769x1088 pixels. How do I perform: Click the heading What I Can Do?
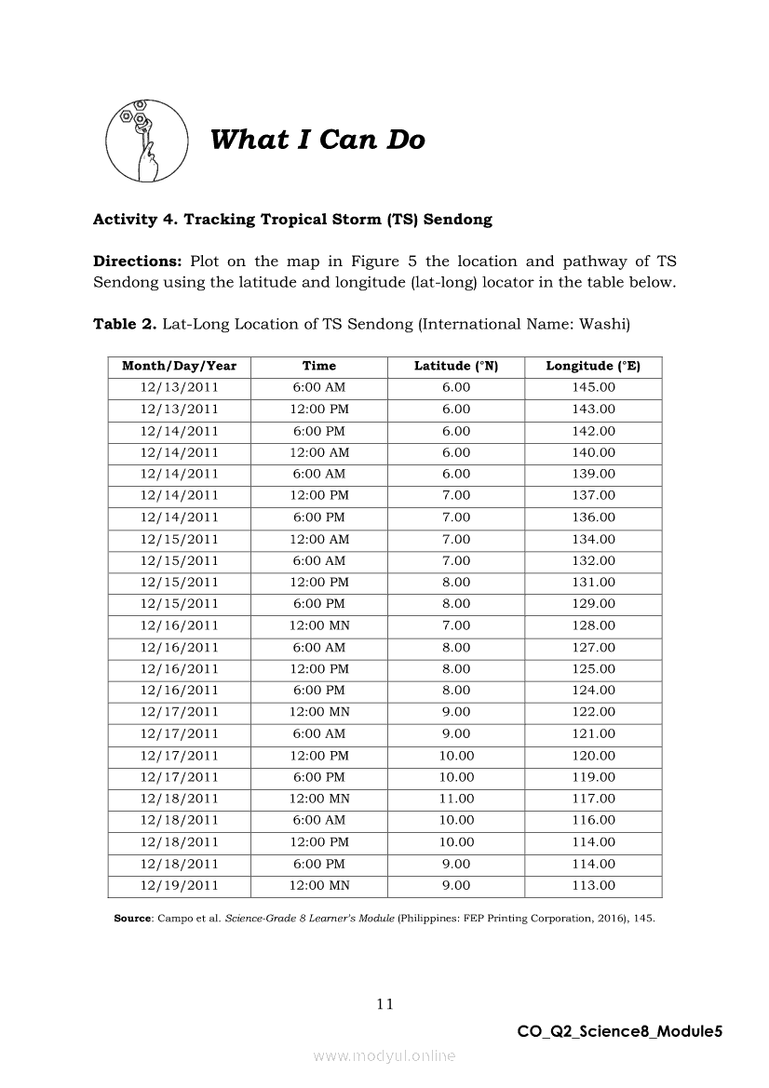317,140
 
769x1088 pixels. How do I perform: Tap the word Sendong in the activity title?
458,220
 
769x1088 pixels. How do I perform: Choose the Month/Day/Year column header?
180,366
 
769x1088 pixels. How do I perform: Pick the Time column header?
319,366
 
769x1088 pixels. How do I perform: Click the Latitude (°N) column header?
456,366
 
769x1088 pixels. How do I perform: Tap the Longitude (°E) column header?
593,366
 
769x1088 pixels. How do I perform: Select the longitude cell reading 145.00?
593,387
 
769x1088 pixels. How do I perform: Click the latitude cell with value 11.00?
456,799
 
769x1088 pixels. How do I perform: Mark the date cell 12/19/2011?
180,885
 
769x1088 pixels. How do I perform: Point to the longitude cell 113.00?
593,885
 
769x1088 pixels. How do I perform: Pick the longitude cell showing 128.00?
593,625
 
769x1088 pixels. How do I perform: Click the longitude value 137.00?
593,495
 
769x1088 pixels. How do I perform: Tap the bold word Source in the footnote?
132,919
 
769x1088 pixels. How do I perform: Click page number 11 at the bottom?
384,1003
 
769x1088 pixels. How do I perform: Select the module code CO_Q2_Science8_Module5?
620,1031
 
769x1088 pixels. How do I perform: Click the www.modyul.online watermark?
384,1056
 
